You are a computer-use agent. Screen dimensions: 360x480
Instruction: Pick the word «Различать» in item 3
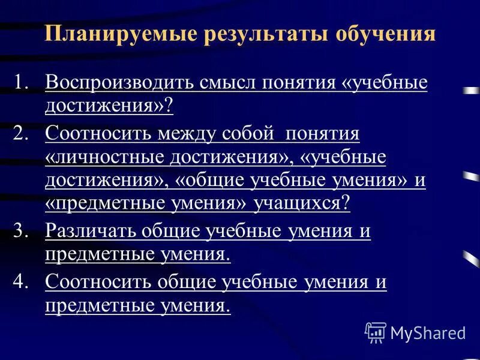click(91, 232)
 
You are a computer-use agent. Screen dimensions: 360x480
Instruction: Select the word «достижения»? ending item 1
click(109, 106)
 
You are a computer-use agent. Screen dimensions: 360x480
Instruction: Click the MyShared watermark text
click(427, 332)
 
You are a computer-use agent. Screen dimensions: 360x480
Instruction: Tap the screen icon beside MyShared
click(376, 331)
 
